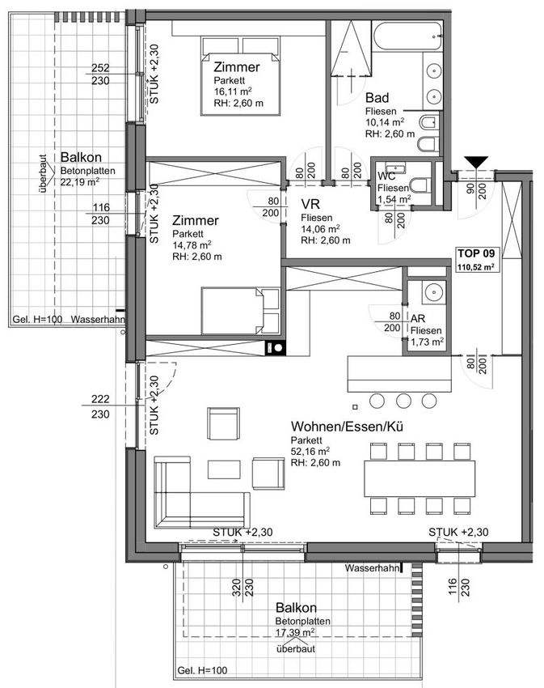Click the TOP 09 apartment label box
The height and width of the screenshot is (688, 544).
[476, 259]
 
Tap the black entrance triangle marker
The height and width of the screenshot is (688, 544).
[476, 162]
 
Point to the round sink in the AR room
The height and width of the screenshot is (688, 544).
[433, 291]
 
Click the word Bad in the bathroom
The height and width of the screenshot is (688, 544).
[377, 97]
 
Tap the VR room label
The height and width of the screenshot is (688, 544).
[310, 204]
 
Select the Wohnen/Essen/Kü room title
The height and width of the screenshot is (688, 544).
[347, 427]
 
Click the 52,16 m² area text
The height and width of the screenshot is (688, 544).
[310, 451]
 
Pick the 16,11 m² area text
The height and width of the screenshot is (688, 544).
[233, 91]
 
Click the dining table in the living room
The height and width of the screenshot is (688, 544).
[420, 478]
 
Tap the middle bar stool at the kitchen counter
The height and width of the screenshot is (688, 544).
[403, 401]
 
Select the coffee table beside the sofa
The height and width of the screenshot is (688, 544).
[224, 469]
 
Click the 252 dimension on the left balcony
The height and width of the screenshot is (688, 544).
[100, 68]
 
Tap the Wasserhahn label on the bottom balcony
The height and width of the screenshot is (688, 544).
[373, 568]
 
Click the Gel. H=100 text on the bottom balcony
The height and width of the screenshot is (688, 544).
[203, 670]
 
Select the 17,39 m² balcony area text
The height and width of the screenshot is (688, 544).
[295, 632]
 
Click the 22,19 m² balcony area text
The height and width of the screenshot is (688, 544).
[80, 181]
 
